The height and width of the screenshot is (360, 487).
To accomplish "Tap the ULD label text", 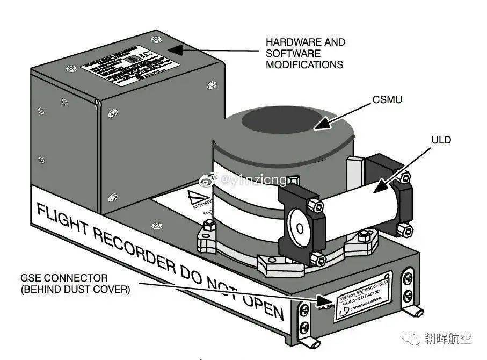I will [441, 140].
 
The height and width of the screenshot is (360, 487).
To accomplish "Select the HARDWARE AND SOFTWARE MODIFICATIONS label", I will [305, 53].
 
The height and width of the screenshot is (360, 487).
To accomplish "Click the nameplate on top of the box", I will [129, 68].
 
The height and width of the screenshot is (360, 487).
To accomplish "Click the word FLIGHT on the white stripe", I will [64, 215].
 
